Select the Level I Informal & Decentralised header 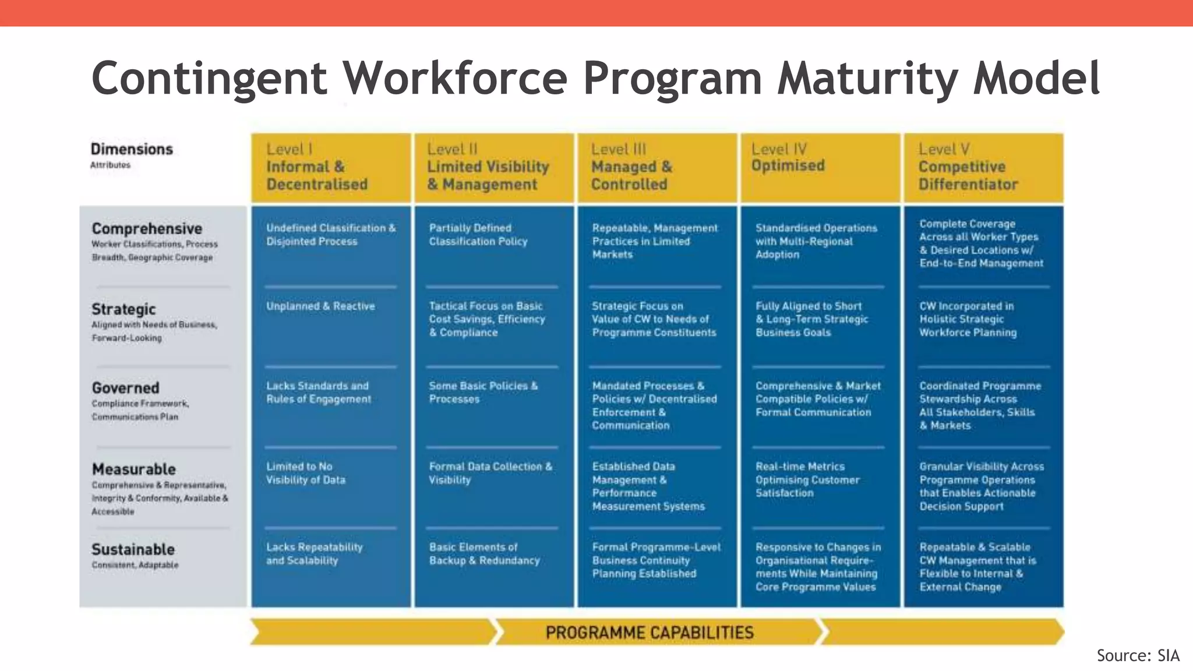pyautogui.click(x=317, y=167)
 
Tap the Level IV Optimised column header pyautogui.click(x=788, y=158)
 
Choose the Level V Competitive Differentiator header pyautogui.click(x=968, y=167)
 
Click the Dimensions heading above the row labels pyautogui.click(x=132, y=150)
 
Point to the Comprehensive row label pyautogui.click(x=147, y=229)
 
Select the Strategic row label pyautogui.click(x=123, y=309)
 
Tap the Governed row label pyautogui.click(x=125, y=388)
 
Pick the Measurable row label pyautogui.click(x=133, y=469)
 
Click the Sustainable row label pyautogui.click(x=133, y=550)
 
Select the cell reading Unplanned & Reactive pyautogui.click(x=320, y=306)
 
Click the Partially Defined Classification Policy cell pyautogui.click(x=478, y=235)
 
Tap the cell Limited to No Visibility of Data pyautogui.click(x=306, y=473)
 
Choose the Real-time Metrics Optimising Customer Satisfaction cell pyautogui.click(x=807, y=479)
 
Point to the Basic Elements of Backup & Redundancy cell pyautogui.click(x=484, y=554)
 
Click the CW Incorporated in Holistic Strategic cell pyautogui.click(x=968, y=319)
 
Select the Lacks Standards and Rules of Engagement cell pyautogui.click(x=319, y=393)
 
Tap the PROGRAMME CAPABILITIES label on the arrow pyautogui.click(x=650, y=633)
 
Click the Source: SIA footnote pyautogui.click(x=1138, y=656)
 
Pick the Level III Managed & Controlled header pyautogui.click(x=631, y=167)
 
